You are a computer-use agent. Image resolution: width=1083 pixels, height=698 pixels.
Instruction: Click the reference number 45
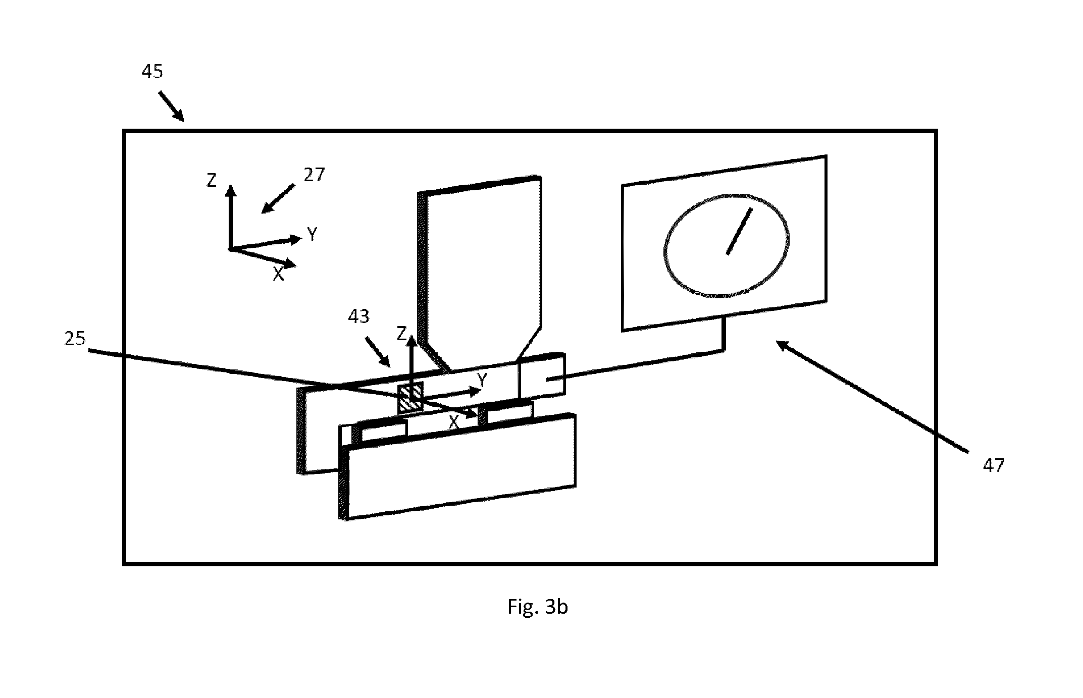tap(152, 72)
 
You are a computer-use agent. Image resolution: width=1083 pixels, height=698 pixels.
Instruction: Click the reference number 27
tap(314, 175)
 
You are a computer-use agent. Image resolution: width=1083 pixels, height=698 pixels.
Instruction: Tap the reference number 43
tap(359, 316)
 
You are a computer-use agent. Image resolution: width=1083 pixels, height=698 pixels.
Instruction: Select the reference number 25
tap(75, 339)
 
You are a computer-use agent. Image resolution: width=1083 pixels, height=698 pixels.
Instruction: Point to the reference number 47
tap(994, 465)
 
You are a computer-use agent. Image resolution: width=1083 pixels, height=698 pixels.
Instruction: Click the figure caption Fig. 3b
tap(538, 607)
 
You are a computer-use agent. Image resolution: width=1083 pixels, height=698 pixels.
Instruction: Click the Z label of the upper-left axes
tap(212, 180)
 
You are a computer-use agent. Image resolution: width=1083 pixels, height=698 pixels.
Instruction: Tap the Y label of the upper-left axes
tap(313, 234)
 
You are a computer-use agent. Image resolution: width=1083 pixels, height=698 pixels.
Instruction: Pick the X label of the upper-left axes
tap(278, 274)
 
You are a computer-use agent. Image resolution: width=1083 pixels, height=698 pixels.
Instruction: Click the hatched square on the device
tap(410, 399)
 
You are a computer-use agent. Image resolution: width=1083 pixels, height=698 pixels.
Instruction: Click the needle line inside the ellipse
tap(739, 231)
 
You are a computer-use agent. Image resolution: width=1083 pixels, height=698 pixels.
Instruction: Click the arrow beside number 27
tap(278, 198)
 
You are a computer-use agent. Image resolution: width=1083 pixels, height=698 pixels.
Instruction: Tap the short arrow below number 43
tap(378, 353)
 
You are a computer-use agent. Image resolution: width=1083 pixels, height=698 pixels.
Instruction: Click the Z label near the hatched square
tap(402, 333)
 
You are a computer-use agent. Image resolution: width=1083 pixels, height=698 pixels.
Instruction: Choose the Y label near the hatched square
tap(482, 379)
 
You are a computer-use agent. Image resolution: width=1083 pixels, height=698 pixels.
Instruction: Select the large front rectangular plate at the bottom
tap(457, 467)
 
